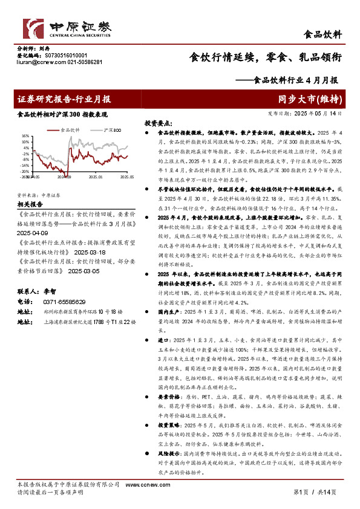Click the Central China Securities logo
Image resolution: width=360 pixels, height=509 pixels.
point(67,27)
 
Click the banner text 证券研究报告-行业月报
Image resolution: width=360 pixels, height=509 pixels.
point(64,99)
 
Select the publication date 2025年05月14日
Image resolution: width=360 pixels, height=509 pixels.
point(319,113)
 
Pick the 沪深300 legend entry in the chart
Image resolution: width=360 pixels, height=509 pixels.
point(112,129)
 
